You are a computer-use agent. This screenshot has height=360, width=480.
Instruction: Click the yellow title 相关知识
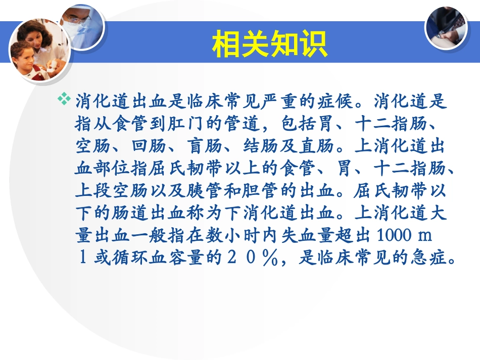click(269, 45)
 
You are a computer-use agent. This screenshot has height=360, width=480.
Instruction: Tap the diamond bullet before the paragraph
click(64, 99)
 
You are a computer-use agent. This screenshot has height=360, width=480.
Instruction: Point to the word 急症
click(427, 258)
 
